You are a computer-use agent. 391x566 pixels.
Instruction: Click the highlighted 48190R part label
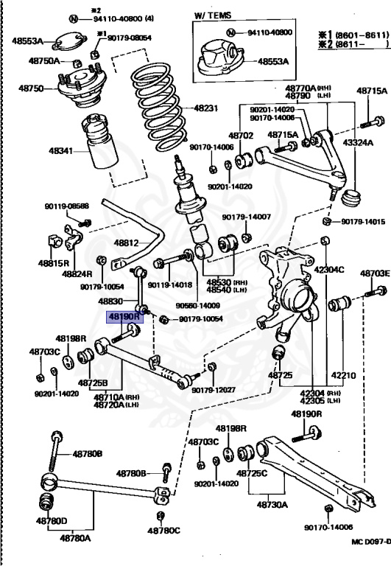click(x=124, y=317)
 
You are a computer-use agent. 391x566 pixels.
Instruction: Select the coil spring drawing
click(x=160, y=107)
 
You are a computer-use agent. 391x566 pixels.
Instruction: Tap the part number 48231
click(x=206, y=108)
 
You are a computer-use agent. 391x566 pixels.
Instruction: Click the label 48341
click(x=60, y=150)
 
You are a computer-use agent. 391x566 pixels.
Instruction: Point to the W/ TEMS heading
click(x=213, y=15)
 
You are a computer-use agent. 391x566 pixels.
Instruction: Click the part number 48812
click(x=126, y=242)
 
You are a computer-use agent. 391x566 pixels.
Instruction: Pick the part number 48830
click(x=110, y=301)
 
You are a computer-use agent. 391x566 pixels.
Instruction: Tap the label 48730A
click(x=272, y=504)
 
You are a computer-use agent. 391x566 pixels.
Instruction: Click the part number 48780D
click(x=52, y=520)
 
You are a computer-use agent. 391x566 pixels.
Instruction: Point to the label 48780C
click(x=163, y=531)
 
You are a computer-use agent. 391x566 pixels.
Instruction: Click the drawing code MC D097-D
click(x=371, y=542)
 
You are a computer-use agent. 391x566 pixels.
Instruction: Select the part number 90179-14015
click(x=366, y=221)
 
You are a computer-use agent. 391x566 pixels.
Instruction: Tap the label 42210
click(x=343, y=375)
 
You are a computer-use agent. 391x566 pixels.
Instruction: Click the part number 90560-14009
click(x=197, y=305)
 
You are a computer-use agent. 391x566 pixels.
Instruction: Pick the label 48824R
click(x=77, y=273)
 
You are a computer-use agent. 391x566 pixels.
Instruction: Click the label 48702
click(x=241, y=136)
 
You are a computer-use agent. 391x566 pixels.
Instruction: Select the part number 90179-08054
click(x=129, y=38)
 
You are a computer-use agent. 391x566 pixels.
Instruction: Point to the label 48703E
click(x=375, y=273)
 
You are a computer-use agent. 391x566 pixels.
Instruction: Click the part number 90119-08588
click(x=67, y=206)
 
